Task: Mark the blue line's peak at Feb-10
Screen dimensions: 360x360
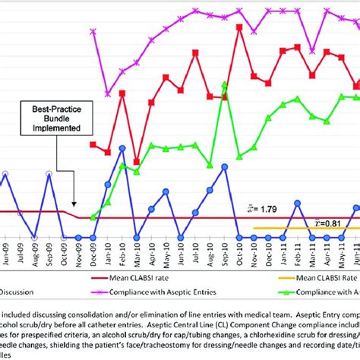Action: pyautogui.click(x=122, y=148)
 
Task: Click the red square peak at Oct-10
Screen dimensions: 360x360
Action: pyautogui.click(x=239, y=28)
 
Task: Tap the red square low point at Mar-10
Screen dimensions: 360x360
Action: pyautogui.click(x=136, y=162)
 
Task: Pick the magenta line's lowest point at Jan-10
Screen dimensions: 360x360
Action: pyautogui.click(x=107, y=93)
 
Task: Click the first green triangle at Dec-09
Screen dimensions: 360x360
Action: pyautogui.click(x=93, y=217)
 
